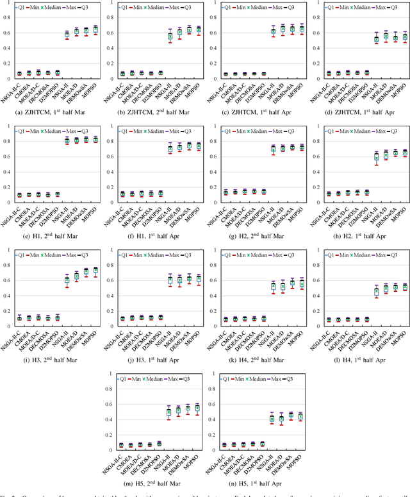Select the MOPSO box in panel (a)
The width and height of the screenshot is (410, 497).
(95, 29)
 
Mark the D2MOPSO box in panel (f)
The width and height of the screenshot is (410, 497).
(160, 193)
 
